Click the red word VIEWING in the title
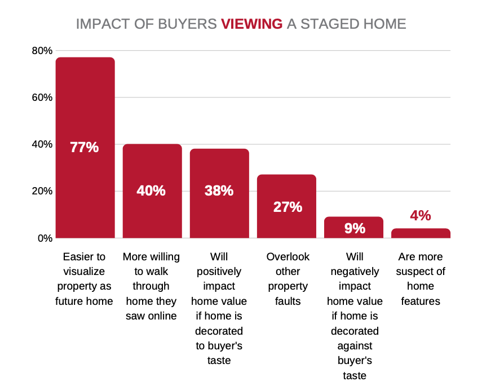251,24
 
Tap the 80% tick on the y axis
42,51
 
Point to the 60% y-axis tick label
42,97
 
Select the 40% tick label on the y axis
42,144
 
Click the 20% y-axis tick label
42,191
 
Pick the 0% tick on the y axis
45,238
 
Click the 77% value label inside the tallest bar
85,148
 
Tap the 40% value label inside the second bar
152,190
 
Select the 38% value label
219,190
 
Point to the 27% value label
286,207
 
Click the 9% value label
354,228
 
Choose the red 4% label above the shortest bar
421,216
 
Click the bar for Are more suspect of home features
421,233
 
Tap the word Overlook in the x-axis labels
288,257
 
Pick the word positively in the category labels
219,272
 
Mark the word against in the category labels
354,345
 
